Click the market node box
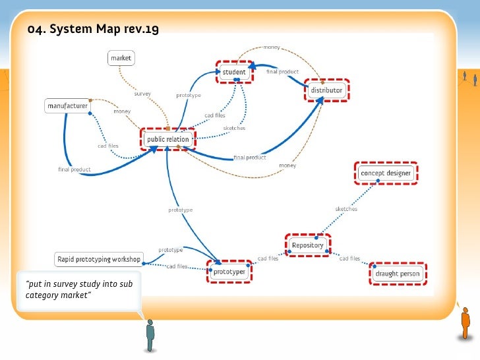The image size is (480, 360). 121,58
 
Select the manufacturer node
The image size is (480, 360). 67,105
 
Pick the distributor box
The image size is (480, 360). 326,90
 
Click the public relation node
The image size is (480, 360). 168,139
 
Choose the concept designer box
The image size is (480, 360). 386,173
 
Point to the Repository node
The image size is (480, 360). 307,245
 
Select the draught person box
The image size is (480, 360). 398,274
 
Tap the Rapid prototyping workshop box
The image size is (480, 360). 98,258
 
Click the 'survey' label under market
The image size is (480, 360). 143,94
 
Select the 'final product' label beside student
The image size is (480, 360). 283,71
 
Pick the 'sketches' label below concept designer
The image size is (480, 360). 346,209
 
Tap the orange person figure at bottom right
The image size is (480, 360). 465,323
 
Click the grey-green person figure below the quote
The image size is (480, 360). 150,334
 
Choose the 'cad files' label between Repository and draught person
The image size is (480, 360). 349,258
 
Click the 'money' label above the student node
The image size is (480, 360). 271,47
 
